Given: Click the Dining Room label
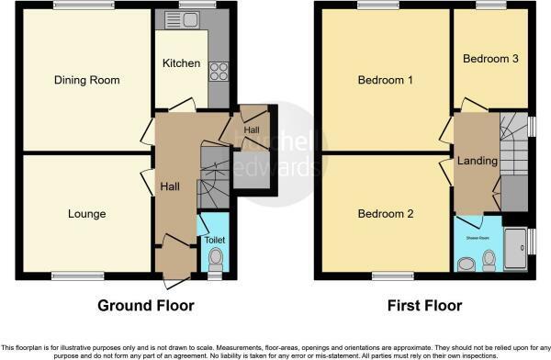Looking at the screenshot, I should click(x=86, y=80).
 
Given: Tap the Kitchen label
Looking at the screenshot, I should click(x=181, y=63).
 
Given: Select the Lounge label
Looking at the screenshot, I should click(x=86, y=214).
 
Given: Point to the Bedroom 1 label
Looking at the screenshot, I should click(x=385, y=80).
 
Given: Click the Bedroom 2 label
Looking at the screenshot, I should click(x=385, y=214).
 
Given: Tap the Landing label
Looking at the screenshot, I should click(x=478, y=161).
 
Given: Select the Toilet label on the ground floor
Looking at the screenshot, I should click(x=214, y=240).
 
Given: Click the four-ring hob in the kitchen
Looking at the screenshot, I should click(x=219, y=71).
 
